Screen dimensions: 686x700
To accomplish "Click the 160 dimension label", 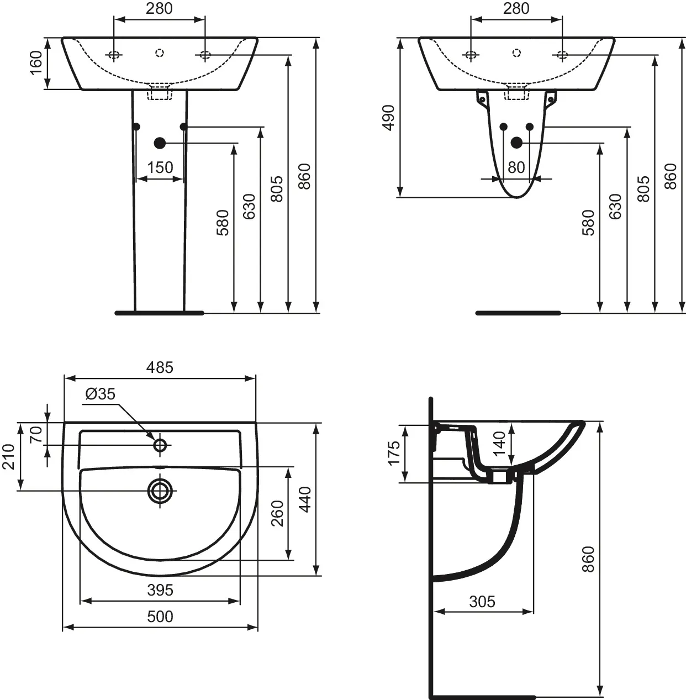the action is [36, 62].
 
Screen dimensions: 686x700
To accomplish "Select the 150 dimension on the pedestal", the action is [160, 167].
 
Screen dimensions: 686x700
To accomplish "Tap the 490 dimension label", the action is [389, 118].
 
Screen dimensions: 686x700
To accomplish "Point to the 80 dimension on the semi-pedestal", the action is [516, 167].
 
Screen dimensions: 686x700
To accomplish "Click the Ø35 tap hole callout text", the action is [100, 394].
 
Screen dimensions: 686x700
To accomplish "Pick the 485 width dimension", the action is [160, 367].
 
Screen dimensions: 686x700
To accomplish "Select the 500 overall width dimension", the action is [160, 617].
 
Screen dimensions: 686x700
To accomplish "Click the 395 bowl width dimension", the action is [160, 590].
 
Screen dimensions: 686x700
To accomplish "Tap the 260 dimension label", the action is [277, 513].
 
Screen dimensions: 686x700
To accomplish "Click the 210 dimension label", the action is [8, 456].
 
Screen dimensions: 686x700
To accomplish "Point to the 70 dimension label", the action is [36, 435].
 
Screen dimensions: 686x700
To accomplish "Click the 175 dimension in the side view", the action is [394, 453].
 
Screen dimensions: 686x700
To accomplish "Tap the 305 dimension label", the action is [482, 602].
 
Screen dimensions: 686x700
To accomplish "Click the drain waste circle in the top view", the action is [160, 491].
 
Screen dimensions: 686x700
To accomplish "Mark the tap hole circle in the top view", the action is [160, 445].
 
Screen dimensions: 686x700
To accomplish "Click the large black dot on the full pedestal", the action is [160, 143].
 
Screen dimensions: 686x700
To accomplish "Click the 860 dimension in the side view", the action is [588, 559].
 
